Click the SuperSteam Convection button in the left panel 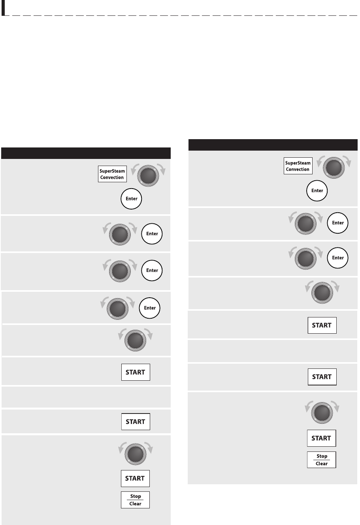[113, 174]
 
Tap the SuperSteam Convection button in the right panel [298, 166]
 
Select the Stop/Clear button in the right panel [322, 460]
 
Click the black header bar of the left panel [86, 153]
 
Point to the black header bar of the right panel [273, 145]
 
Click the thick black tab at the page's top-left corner [3, 8]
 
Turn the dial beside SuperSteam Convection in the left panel [148, 176]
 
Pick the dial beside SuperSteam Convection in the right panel [334, 168]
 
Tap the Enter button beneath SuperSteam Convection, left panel [132, 199]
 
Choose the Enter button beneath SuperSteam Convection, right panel [317, 191]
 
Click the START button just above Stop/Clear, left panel [135, 478]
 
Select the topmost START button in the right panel [322, 325]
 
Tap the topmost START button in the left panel [136, 372]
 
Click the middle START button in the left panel [136, 422]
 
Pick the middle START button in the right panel [322, 377]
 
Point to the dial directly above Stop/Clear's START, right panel [322, 413]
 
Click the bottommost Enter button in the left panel [149, 308]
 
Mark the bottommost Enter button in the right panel [337, 258]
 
